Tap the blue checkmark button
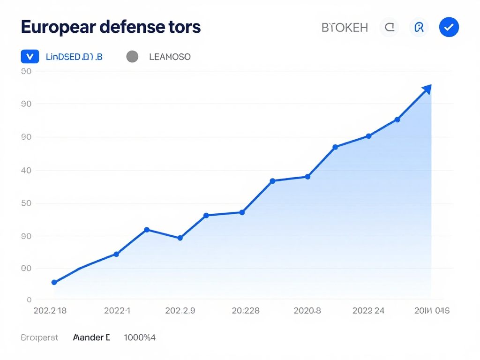coord(449,28)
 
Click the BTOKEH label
coord(345,28)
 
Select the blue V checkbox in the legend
coord(30,57)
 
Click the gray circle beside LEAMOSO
coord(132,57)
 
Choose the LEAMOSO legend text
coord(170,57)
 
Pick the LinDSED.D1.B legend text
coord(74,57)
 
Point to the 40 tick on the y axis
coord(26,170)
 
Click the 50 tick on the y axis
coord(26,203)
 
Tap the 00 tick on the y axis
coord(26,269)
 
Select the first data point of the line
coord(54,282)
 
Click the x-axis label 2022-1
coord(117,310)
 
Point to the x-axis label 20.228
coord(246,310)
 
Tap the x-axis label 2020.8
coord(307,310)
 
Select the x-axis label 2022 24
coord(368,310)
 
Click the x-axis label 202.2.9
coord(180,310)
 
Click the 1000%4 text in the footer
coord(140,337)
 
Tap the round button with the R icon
coord(419,28)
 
